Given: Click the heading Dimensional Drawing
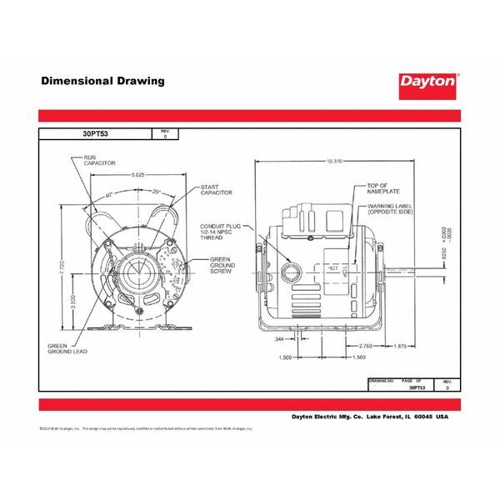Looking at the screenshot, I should [102, 82].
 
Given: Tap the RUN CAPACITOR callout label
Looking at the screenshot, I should [98, 161].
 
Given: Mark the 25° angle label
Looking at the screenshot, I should [157, 192].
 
